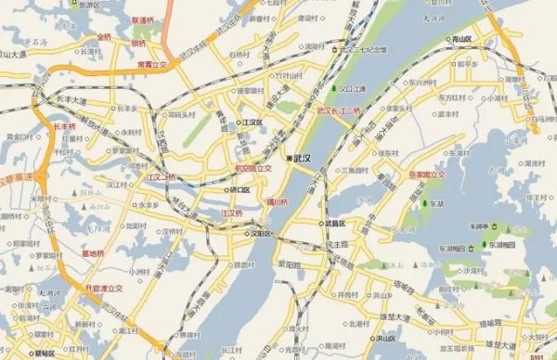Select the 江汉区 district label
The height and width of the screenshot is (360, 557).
252,122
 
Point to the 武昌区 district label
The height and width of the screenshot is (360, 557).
334,224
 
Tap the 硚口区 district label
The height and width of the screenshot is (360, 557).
240,189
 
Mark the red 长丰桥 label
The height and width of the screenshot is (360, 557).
64,125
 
